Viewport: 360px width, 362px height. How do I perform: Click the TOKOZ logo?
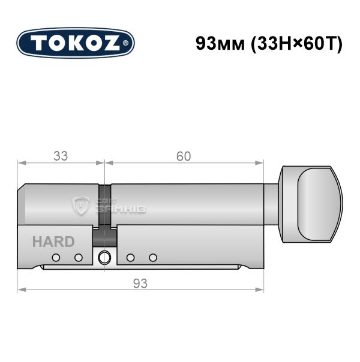click(76, 43)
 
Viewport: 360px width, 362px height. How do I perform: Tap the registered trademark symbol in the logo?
click(125, 43)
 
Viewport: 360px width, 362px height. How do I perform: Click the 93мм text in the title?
click(220, 43)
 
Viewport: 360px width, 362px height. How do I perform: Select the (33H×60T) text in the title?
click(296, 44)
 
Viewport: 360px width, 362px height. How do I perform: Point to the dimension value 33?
click(61, 156)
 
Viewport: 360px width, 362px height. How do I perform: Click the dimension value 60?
click(184, 156)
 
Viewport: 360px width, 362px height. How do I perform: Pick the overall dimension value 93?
click(140, 283)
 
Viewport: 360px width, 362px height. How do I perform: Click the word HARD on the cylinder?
click(53, 242)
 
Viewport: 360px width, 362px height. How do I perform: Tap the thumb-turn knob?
click(311, 204)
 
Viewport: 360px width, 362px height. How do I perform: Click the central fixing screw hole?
click(104, 258)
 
